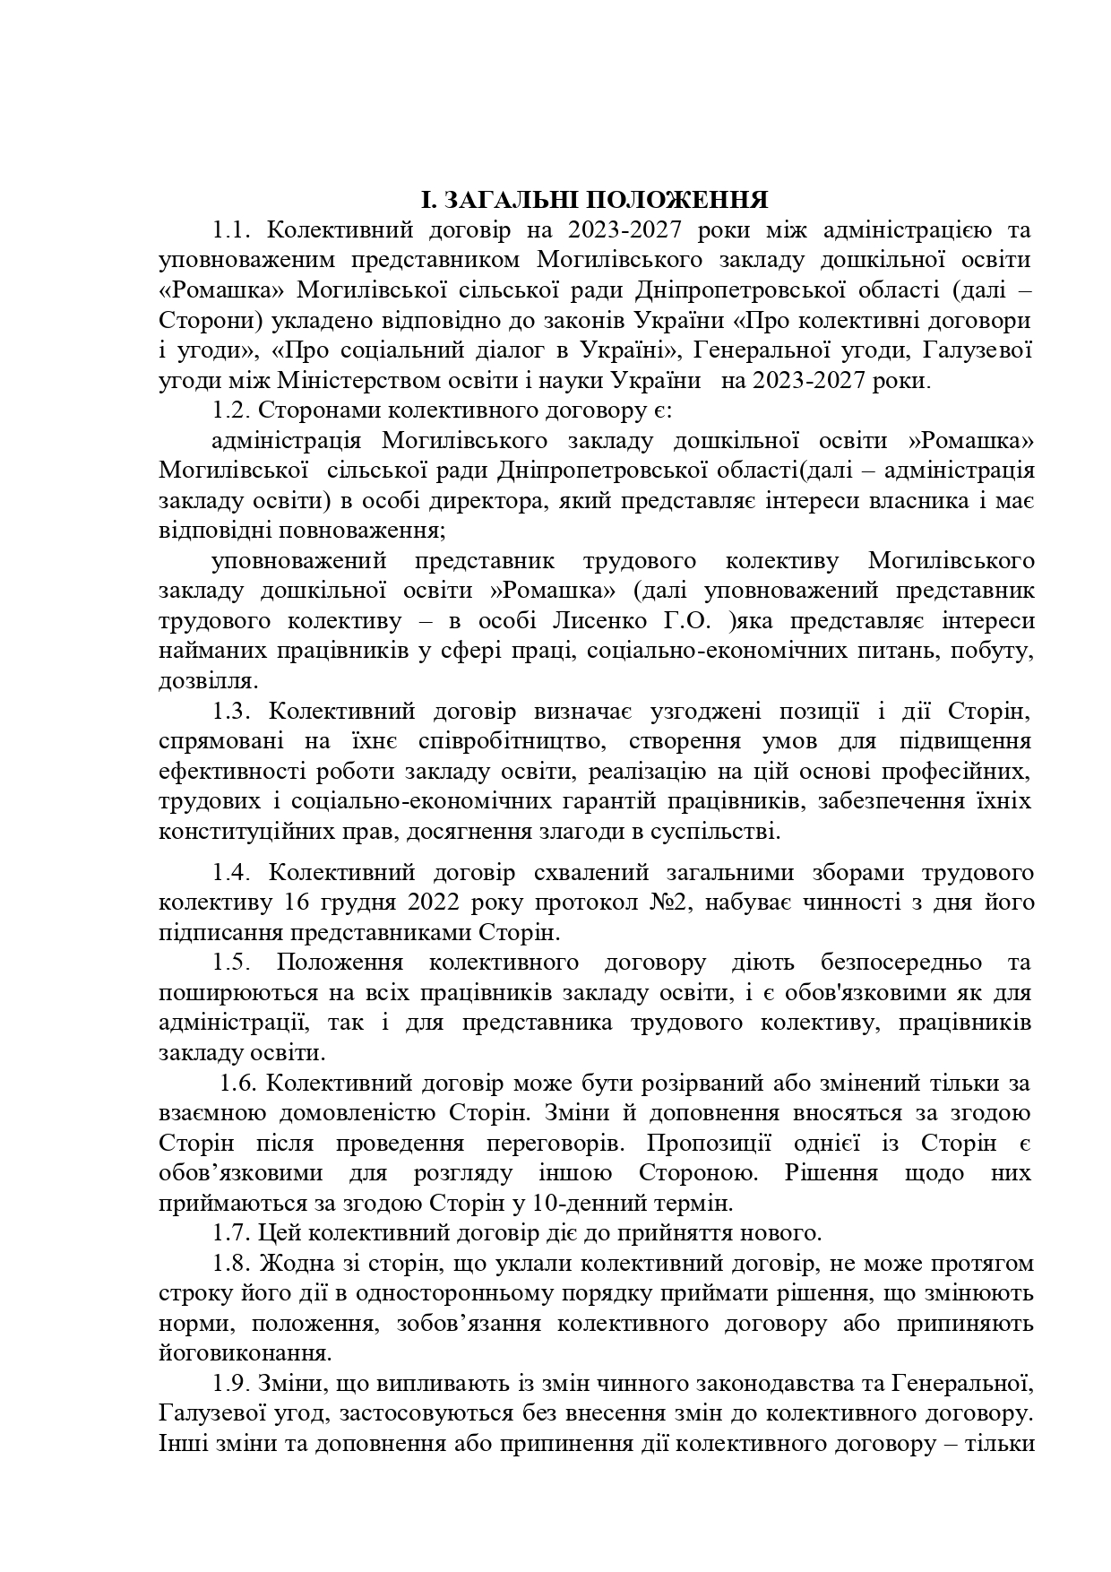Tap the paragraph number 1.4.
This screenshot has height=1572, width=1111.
click(x=232, y=873)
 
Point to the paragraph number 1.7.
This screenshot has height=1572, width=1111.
click(x=232, y=1233)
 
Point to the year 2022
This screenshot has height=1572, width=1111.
click(x=437, y=903)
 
